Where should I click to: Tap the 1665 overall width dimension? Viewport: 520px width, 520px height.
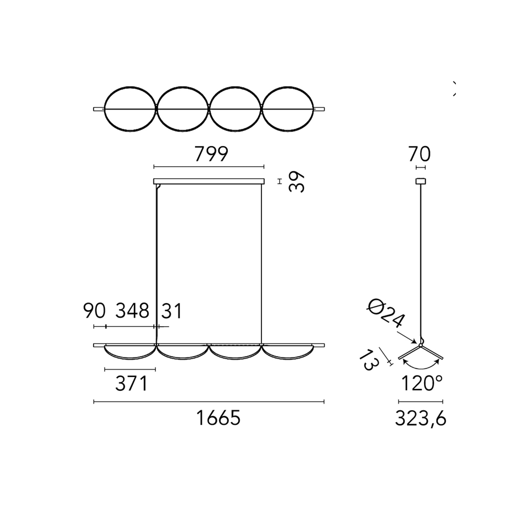coord(218,418)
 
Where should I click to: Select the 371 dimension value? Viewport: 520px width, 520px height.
coord(131,384)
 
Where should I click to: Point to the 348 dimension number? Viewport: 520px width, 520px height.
coord(132,311)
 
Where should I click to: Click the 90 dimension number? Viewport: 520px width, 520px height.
coord(94,311)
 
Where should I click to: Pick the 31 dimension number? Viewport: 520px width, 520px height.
coord(171,311)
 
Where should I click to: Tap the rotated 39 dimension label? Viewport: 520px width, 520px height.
coord(297,181)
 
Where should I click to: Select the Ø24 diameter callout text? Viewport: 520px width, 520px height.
coord(385,314)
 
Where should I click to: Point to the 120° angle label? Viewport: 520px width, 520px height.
coord(422,383)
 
